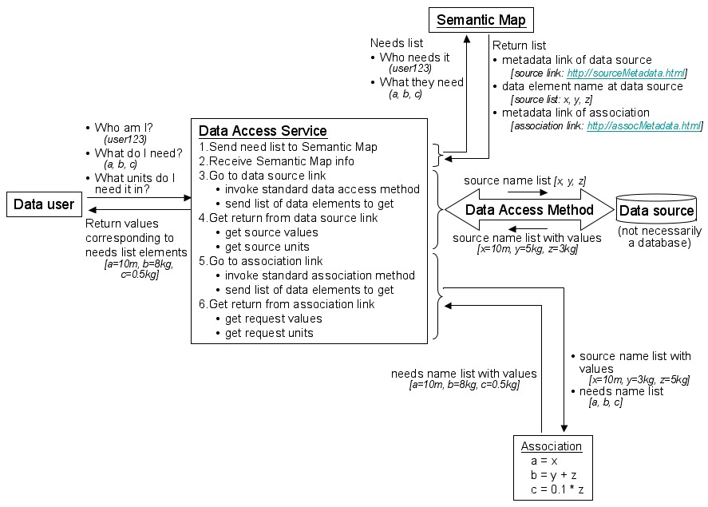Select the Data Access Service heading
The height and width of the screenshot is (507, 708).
coord(262,131)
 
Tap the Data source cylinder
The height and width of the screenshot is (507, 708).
coord(657,211)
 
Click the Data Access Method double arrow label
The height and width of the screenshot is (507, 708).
coord(529,211)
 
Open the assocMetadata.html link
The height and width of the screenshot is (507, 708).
coord(644,125)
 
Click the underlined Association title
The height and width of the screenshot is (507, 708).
coord(551,446)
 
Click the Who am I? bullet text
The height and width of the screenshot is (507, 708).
coord(124,127)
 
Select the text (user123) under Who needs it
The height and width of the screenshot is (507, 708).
coord(410,69)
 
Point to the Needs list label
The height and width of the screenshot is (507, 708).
coord(397,42)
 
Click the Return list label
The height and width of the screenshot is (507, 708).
coord(520,46)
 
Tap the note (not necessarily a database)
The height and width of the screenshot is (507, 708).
coord(657,238)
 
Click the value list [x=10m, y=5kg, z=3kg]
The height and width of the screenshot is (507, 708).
coord(527,249)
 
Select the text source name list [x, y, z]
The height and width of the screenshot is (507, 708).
coord(524,181)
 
